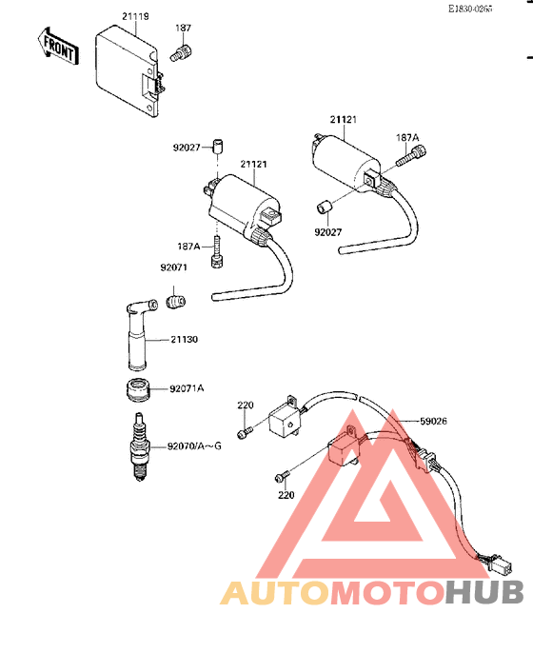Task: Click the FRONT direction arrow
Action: click(x=58, y=47)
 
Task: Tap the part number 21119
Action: click(x=135, y=16)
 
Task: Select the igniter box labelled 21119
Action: click(x=129, y=70)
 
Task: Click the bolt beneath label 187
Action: click(x=181, y=53)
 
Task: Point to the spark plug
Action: click(x=140, y=446)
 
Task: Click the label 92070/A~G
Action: click(x=194, y=446)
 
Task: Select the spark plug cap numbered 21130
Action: click(x=139, y=334)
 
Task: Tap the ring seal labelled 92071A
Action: click(x=137, y=390)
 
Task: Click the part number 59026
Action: click(x=433, y=421)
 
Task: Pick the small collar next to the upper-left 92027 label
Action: click(x=217, y=147)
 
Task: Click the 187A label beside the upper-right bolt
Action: click(x=407, y=137)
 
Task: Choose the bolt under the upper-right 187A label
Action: click(x=412, y=155)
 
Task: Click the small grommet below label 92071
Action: click(x=176, y=302)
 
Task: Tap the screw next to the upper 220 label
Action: click(x=245, y=432)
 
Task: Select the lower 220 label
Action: click(x=286, y=495)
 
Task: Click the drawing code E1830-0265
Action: click(x=470, y=9)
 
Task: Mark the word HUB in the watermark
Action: click(x=484, y=593)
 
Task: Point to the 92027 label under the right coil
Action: click(x=327, y=232)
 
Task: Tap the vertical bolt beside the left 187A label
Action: click(x=217, y=251)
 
